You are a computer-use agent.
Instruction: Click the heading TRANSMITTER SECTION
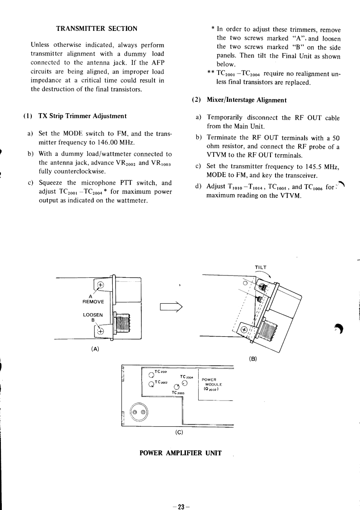click(x=96, y=29)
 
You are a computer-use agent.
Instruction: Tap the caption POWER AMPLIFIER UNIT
click(x=180, y=453)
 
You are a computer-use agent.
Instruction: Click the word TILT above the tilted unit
click(x=261, y=267)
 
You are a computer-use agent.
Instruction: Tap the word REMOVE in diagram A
click(x=93, y=302)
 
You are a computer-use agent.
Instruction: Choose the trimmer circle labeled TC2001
click(x=151, y=375)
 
